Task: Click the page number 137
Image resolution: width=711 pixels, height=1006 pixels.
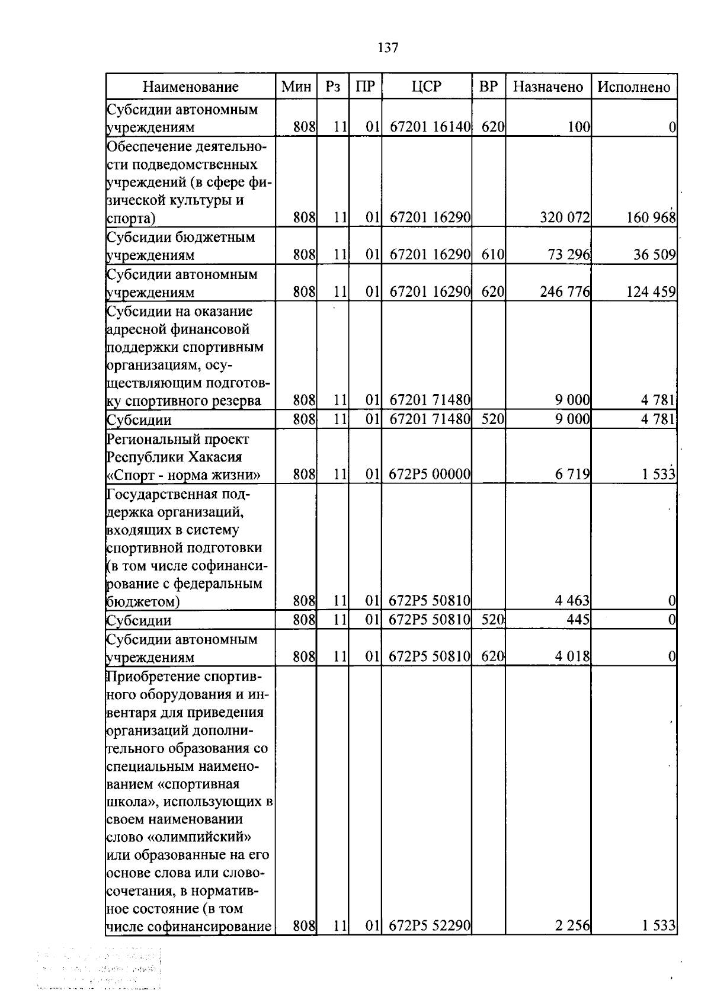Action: (x=388, y=48)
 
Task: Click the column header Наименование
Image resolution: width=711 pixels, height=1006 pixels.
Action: (x=190, y=87)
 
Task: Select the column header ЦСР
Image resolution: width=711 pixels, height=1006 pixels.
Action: (x=427, y=86)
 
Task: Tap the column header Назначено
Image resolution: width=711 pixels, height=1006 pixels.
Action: (x=547, y=87)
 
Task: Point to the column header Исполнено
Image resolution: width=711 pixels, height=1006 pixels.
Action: (x=633, y=87)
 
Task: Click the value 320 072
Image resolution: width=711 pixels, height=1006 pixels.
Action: (x=565, y=218)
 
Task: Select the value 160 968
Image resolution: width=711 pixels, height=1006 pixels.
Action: (x=651, y=218)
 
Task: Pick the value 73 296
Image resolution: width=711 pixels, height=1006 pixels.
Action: (x=569, y=255)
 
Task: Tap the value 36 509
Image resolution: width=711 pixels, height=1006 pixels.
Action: (x=655, y=255)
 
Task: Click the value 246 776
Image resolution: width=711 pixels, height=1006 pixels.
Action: (x=565, y=291)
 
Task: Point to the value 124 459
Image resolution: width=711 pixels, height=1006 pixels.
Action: (x=651, y=291)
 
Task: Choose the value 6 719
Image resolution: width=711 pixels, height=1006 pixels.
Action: (x=572, y=474)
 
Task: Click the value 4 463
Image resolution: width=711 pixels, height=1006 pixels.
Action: (x=572, y=601)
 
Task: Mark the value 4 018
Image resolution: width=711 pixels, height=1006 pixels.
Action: (x=572, y=656)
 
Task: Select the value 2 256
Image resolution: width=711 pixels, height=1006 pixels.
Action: (x=572, y=925)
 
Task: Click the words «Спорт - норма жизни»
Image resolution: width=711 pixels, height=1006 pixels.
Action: (x=183, y=475)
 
